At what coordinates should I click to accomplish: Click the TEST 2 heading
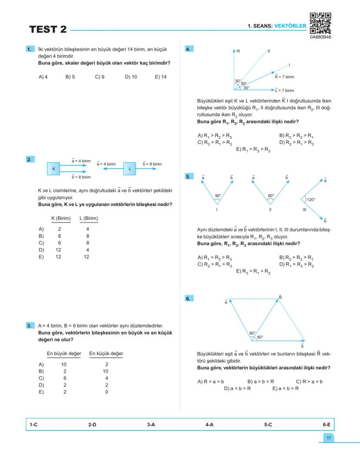click(x=48, y=30)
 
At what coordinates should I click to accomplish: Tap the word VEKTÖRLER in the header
click(x=290, y=26)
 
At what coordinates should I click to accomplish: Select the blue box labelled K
click(x=54, y=168)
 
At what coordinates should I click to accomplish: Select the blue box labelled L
click(x=130, y=168)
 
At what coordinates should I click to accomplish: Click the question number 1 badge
click(x=30, y=49)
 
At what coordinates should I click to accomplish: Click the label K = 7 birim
click(x=284, y=77)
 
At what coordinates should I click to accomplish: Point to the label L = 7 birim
click(x=284, y=90)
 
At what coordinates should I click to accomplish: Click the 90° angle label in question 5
click(x=218, y=196)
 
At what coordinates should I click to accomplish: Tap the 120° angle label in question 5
click(x=311, y=200)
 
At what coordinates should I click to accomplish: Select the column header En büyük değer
click(x=64, y=354)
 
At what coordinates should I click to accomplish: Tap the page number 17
click(x=329, y=438)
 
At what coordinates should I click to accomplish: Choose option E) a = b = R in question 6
click(x=285, y=388)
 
